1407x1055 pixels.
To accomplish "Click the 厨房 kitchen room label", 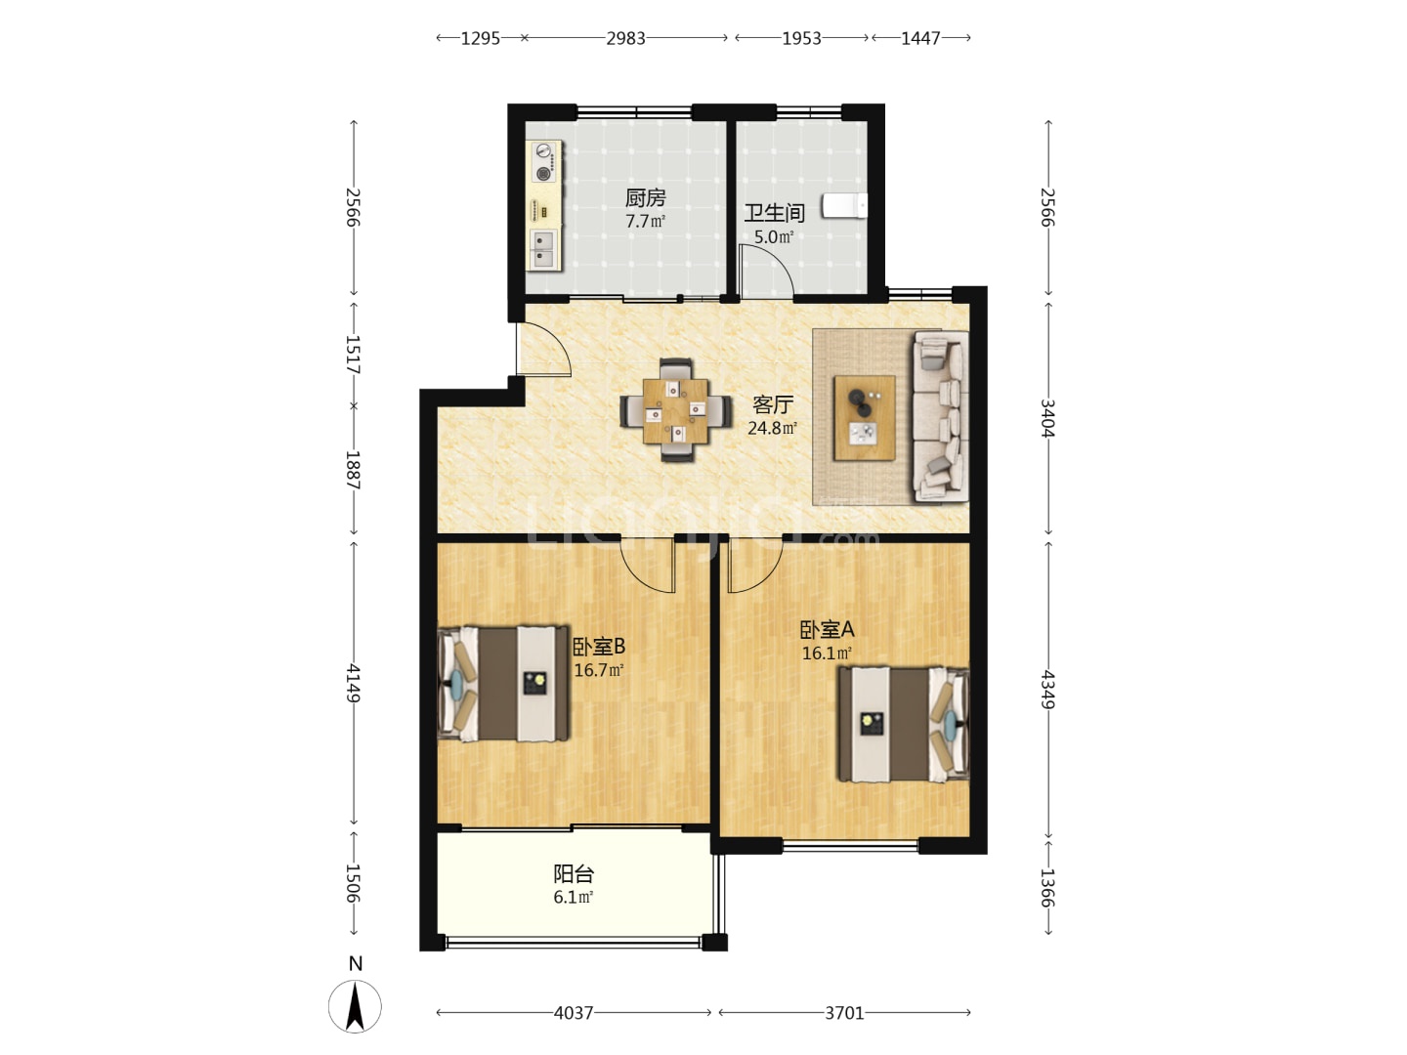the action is (645, 198).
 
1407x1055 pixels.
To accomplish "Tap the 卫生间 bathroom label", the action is (774, 213).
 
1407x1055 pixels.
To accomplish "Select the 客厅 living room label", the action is (773, 404).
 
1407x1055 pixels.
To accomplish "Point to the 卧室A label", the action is (827, 630).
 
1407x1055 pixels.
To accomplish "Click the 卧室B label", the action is (599, 647).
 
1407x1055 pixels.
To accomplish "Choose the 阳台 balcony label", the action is (574, 873).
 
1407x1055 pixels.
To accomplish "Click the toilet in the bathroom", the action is (845, 205).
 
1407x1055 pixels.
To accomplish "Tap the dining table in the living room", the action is (676, 410).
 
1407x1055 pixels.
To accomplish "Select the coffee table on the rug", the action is (864, 418).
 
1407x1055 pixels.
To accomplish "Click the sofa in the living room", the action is (940, 416).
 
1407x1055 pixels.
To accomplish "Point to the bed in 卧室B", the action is (503, 684).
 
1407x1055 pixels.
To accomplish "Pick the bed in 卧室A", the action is (904, 725).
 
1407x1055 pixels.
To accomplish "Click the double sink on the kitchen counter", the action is (543, 249).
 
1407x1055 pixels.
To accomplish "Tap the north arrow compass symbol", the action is (355, 1006).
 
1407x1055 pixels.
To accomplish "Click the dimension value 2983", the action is (625, 38).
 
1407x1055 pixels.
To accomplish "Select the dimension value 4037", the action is (574, 1013).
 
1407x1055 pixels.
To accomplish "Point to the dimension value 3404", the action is (1046, 418).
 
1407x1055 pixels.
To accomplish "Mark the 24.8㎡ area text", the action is (773, 428).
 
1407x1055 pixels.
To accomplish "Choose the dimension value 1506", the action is (353, 883).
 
